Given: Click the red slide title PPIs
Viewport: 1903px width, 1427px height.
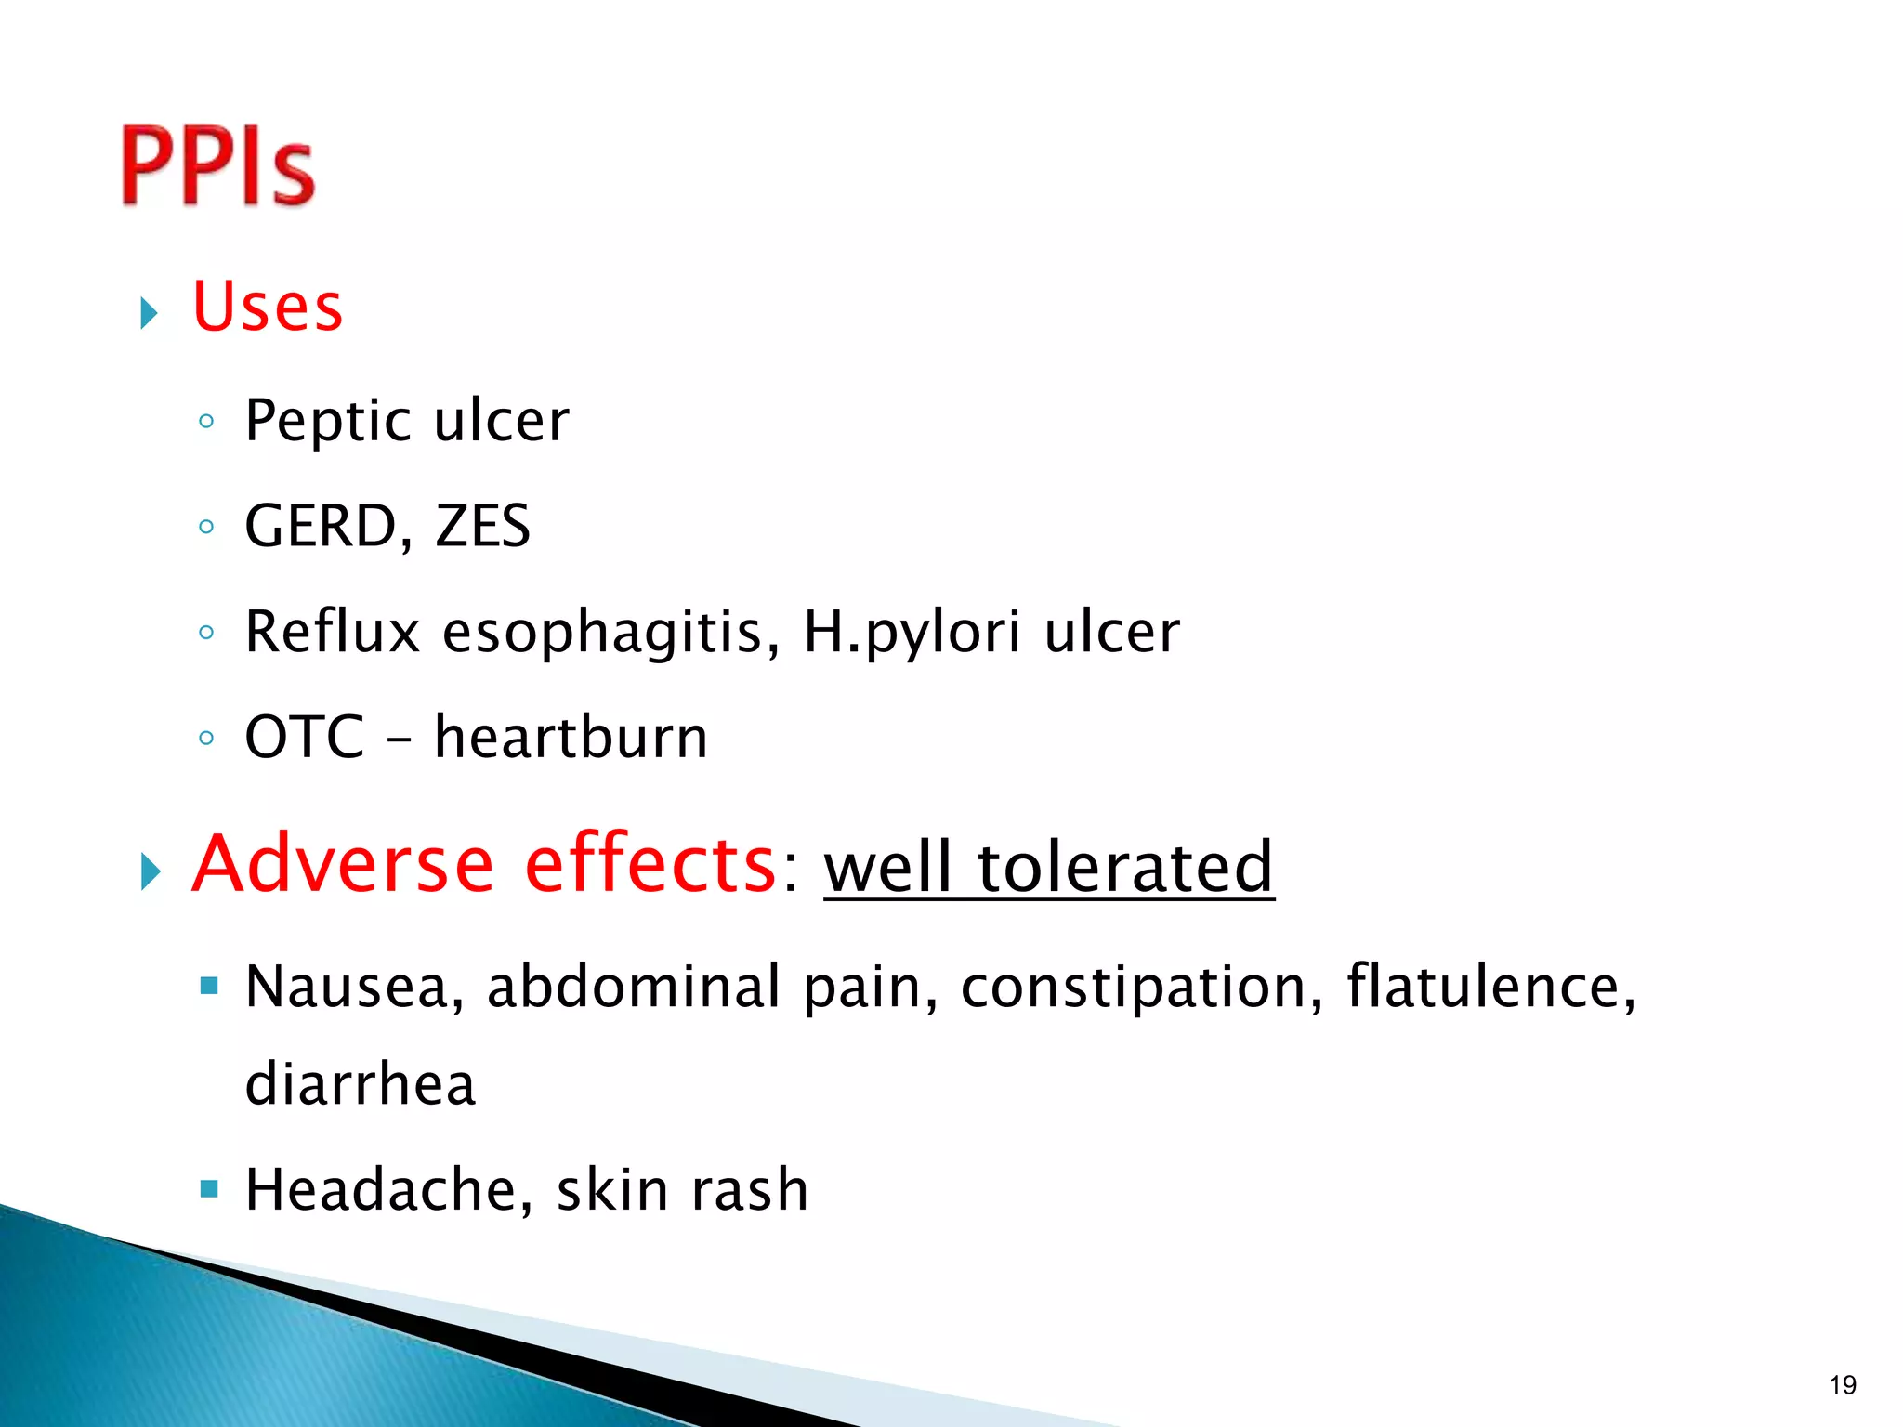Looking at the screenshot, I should tap(218, 165).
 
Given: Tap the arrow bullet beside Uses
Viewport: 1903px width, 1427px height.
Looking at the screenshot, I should tap(149, 313).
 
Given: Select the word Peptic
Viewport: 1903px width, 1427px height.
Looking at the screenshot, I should tap(329, 421).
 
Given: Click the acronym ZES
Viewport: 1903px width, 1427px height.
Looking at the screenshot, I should tap(482, 526).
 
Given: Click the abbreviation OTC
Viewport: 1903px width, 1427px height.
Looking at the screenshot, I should tap(305, 737).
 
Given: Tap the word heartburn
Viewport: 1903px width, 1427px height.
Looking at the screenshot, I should tap(571, 737).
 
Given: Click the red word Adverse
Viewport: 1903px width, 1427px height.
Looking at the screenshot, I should tap(342, 864).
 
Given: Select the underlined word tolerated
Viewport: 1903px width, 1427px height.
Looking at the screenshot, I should tap(1124, 866).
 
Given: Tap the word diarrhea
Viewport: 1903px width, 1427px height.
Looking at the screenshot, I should tap(361, 1084).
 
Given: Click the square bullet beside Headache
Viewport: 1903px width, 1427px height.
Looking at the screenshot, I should tap(209, 1188).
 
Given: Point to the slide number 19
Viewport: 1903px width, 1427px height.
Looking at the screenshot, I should tap(1843, 1385).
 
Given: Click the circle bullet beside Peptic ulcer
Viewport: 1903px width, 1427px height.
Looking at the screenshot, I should tap(206, 422).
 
